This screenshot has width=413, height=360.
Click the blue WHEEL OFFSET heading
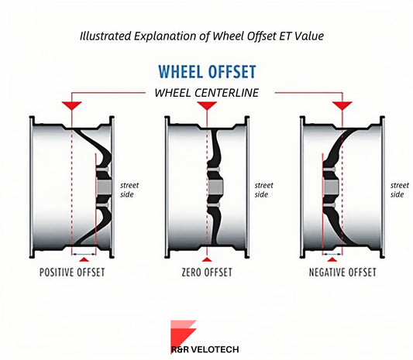tap(207, 71)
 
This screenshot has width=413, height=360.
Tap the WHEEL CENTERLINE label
tap(206, 93)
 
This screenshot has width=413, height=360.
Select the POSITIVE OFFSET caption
tap(72, 272)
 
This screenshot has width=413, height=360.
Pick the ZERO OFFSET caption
tap(207, 272)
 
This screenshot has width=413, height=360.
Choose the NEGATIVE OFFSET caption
tap(342, 272)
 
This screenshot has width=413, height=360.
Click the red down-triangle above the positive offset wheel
tap(71, 105)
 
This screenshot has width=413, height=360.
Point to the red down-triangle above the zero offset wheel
tap(207, 105)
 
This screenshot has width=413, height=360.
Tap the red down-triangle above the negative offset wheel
tap(342, 105)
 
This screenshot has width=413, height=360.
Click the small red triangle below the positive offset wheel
tap(84, 259)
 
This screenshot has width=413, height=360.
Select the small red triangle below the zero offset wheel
tap(207, 259)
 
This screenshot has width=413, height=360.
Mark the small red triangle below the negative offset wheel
tap(332, 259)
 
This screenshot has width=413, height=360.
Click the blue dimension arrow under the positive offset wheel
tap(84, 254)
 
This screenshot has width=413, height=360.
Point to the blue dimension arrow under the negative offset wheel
tap(332, 254)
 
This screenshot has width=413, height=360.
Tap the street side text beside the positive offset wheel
tap(129, 190)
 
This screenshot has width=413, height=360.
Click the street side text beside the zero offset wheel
tap(263, 190)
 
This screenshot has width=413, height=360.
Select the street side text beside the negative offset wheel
tap(400, 190)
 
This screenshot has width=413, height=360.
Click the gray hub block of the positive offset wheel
tap(105, 187)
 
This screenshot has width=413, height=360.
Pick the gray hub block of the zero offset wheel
tap(215, 187)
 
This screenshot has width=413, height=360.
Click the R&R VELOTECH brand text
tap(205, 349)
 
